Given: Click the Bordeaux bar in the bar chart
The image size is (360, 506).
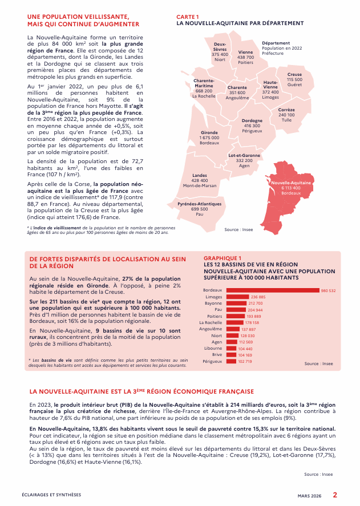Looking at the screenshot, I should coord(273,290).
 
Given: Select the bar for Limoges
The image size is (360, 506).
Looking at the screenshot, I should coord(238,297).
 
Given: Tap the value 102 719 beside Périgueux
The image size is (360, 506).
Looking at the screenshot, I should coord(245,361).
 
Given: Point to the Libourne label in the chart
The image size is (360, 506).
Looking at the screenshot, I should coord(213,349).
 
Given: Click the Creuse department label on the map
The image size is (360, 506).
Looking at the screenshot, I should coord(294,75).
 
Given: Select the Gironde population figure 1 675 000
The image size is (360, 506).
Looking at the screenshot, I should coord(209,137).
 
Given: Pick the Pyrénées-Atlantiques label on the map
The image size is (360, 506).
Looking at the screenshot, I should coord(200,204).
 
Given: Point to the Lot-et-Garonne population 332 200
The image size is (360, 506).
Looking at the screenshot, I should coord(244,161).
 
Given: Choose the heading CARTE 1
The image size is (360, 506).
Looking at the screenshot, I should coord(188,18).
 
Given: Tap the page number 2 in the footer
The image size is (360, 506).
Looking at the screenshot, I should coord(335,495).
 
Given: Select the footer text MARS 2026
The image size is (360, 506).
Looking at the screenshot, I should coord(310,496).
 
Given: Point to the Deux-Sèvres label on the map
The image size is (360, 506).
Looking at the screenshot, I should coord(220,46).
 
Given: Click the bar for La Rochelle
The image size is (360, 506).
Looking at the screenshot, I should coord(235,322).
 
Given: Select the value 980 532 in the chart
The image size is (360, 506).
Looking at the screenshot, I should coord(328,290).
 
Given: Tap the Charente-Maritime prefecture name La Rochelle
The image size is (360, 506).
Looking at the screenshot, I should coord(204,96).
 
